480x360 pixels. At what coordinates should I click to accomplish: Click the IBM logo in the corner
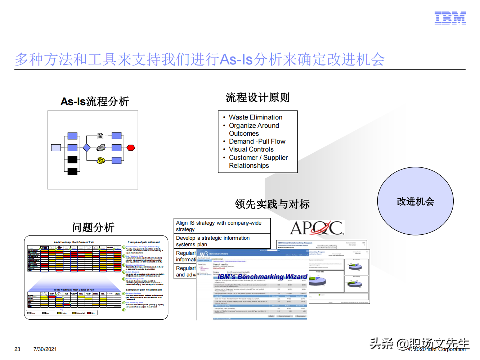click(450, 18)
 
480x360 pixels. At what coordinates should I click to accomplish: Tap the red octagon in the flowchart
click(131, 148)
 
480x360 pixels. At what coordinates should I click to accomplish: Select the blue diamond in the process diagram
click(86, 148)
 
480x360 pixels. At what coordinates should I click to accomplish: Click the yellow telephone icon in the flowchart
click(101, 160)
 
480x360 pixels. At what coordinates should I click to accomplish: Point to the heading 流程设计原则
click(257, 98)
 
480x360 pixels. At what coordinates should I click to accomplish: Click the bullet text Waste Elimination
click(256, 117)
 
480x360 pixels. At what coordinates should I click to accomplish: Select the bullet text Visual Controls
click(251, 149)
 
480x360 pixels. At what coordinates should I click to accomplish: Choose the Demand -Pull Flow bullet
click(257, 141)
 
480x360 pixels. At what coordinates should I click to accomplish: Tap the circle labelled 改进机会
click(415, 201)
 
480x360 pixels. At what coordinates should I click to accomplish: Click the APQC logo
click(317, 228)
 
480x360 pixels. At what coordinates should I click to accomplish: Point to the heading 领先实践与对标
click(272, 204)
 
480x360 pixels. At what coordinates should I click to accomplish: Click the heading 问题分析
click(93, 228)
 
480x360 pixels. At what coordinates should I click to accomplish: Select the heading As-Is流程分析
click(95, 102)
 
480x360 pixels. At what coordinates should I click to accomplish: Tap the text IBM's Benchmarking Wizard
click(263, 276)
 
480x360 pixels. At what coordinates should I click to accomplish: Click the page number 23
click(17, 349)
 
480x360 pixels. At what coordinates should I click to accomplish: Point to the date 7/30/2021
click(45, 349)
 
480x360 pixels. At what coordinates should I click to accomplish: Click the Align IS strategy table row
click(221, 226)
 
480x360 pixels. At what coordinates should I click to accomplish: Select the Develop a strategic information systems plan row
click(221, 241)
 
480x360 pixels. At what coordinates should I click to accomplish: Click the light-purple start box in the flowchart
click(56, 148)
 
